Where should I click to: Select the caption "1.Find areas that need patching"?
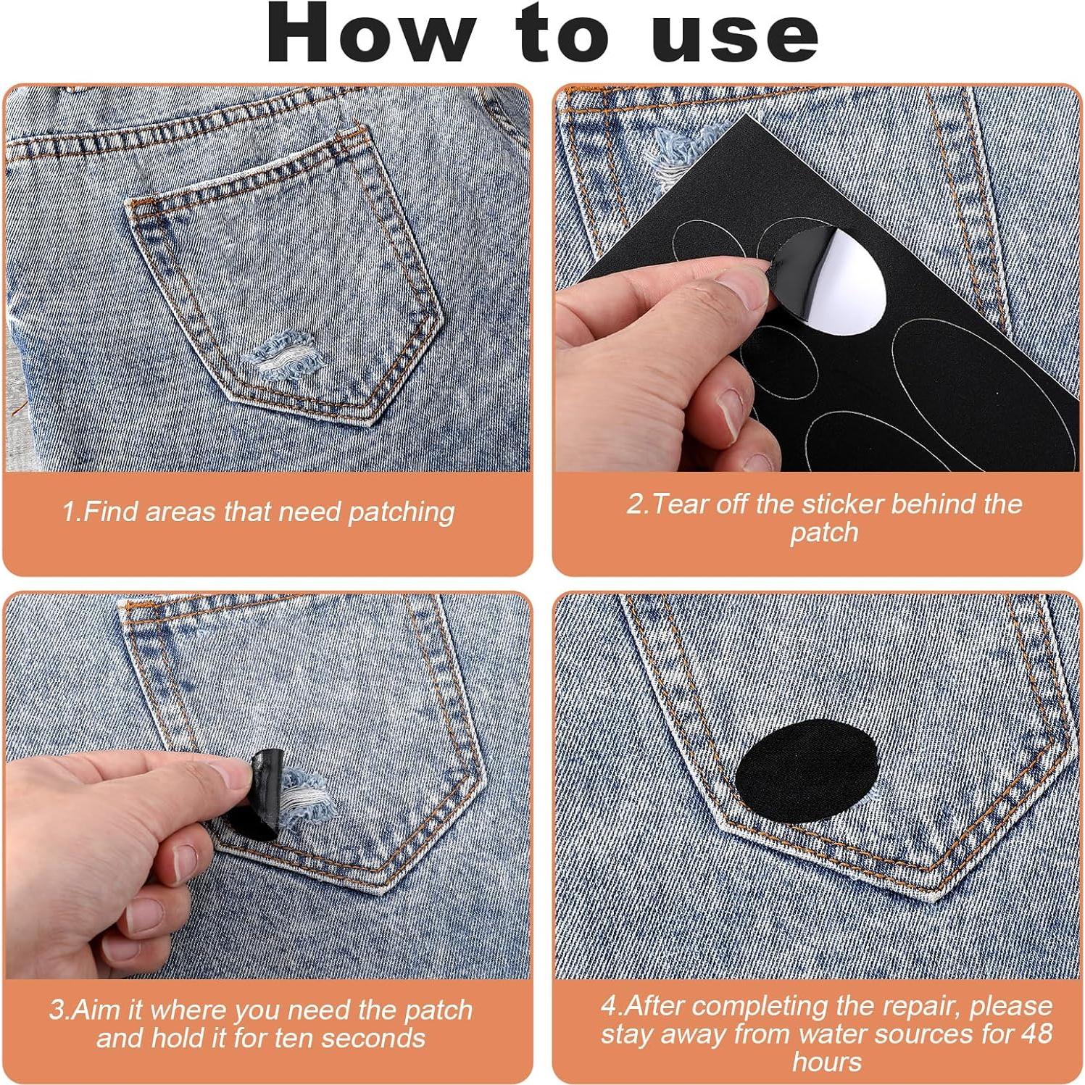259,512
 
